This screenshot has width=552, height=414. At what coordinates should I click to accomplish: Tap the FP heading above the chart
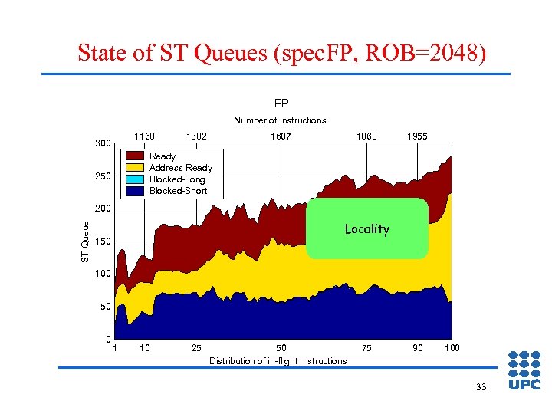click(x=281, y=103)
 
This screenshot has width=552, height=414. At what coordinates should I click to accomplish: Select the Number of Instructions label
click(x=280, y=120)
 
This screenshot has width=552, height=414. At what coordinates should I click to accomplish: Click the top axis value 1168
click(x=144, y=136)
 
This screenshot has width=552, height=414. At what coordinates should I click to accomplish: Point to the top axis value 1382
click(x=195, y=136)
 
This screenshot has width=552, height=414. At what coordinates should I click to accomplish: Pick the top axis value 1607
click(x=281, y=136)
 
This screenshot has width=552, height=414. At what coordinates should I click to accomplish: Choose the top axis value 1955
click(x=417, y=136)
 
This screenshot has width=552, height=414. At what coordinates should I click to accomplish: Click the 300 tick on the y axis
click(x=102, y=143)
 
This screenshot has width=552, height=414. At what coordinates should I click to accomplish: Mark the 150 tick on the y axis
click(x=102, y=242)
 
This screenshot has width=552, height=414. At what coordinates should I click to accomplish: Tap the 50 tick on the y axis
click(x=104, y=307)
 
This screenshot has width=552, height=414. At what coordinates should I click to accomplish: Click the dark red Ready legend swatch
click(x=135, y=156)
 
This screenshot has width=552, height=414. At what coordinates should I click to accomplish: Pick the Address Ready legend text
click(x=180, y=168)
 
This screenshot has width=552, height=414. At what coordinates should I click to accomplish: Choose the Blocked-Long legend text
click(x=177, y=179)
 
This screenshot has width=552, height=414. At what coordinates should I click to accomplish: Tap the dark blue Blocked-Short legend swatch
click(x=135, y=191)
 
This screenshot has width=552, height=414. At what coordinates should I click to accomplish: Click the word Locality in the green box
click(x=366, y=228)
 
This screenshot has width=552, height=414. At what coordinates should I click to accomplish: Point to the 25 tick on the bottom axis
click(x=196, y=349)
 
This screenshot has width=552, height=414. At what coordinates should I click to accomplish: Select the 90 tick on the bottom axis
click(x=417, y=349)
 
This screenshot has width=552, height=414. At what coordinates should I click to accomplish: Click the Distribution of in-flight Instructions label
click(x=278, y=361)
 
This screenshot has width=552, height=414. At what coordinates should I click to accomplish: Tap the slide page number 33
click(x=481, y=387)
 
